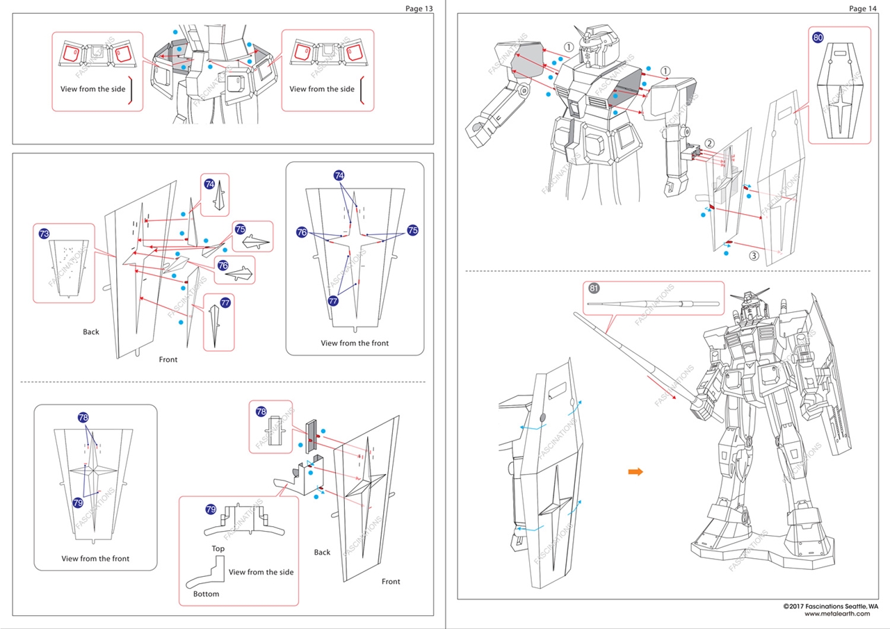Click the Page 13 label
[419, 8]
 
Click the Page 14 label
[862, 8]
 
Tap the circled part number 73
[44, 234]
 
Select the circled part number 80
[818, 38]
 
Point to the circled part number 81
[593, 288]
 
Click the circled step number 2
[709, 144]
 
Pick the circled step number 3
[753, 255]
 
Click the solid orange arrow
[635, 472]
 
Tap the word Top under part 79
[218, 549]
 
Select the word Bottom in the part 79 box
[206, 594]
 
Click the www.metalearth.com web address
[836, 614]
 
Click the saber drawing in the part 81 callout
[652, 303]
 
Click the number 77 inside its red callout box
[225, 303]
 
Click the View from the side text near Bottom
[261, 572]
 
